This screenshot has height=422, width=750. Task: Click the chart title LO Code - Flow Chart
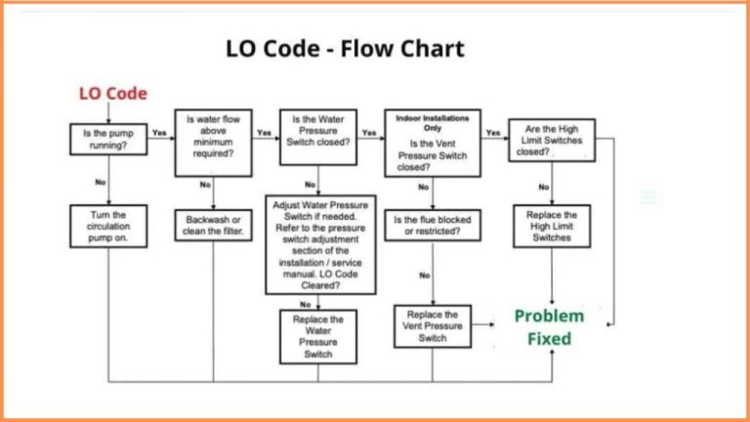coord(345,49)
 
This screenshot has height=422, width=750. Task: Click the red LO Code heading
coord(112,94)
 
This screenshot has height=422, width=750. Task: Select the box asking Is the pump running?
coord(107,140)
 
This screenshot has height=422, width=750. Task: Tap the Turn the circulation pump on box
coord(107,226)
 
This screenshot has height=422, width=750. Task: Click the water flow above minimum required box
coord(212,142)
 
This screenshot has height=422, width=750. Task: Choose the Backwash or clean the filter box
coord(212,225)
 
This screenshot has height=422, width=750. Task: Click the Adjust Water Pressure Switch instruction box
coord(320,244)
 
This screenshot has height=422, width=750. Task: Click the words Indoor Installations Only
coord(432,122)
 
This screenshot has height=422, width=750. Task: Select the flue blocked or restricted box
coord(432,226)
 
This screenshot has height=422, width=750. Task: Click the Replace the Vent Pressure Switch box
coord(432,326)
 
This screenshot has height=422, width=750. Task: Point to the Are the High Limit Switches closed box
coord(552,140)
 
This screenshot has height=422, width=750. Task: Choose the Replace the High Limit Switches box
coord(552,226)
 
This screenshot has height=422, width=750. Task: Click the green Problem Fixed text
coord(549,327)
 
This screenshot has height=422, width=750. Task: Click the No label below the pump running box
coord(100,182)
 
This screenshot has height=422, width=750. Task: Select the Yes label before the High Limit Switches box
coord(493,132)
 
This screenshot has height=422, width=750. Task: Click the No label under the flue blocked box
coord(424,275)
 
